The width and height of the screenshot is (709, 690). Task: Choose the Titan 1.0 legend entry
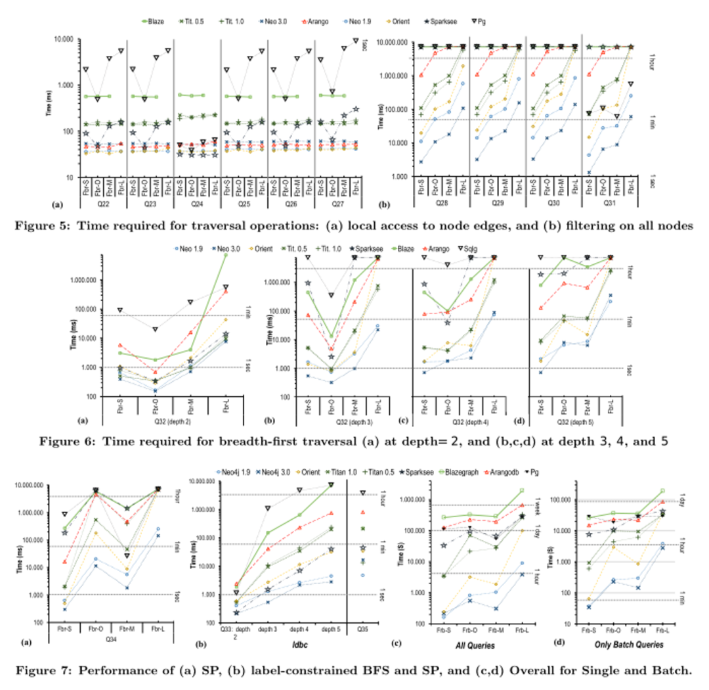click(346, 472)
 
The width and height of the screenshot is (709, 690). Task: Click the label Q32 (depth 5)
click(574, 421)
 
